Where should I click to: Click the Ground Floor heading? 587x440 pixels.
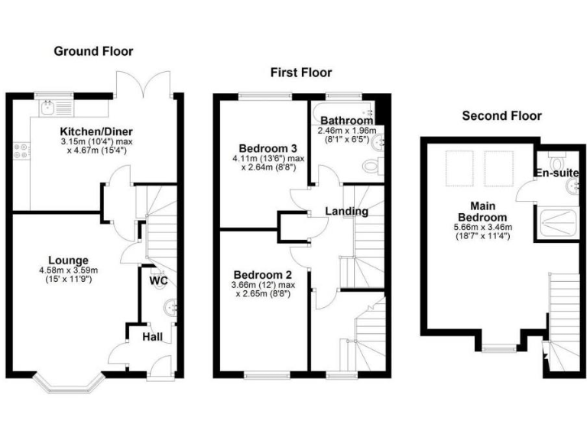93,51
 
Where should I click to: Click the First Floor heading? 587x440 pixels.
301,73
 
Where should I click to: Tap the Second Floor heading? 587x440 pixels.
502,116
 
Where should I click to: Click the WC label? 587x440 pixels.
159,281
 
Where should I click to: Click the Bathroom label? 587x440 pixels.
346,121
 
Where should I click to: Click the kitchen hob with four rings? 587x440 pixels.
20,152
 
